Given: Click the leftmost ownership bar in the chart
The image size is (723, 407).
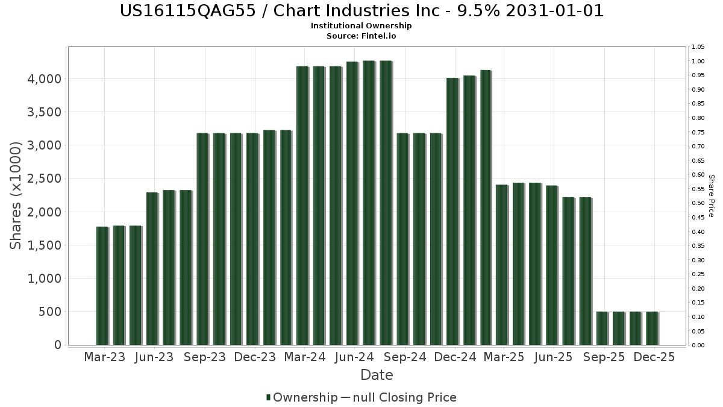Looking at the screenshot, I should (x=102, y=286).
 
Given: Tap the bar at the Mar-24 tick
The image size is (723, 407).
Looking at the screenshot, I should (x=302, y=206).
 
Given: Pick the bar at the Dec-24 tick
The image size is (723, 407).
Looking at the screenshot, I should (x=452, y=211).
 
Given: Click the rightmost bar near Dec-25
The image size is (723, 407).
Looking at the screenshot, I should (x=652, y=328).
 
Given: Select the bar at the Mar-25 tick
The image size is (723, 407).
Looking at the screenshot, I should (x=502, y=265).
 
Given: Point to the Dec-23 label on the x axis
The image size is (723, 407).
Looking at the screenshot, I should (x=255, y=357).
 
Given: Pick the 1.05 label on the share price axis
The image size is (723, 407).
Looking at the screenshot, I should (x=698, y=47).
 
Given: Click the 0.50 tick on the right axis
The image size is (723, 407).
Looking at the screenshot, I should (x=698, y=203).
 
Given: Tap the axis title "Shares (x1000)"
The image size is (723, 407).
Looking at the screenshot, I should (x=17, y=195).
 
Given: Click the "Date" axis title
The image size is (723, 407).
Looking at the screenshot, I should (x=377, y=375).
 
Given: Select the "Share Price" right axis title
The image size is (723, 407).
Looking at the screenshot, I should (x=711, y=195).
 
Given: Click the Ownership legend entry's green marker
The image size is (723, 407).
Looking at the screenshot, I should (x=268, y=397).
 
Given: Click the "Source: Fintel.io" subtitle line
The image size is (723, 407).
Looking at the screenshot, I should (x=361, y=36).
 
